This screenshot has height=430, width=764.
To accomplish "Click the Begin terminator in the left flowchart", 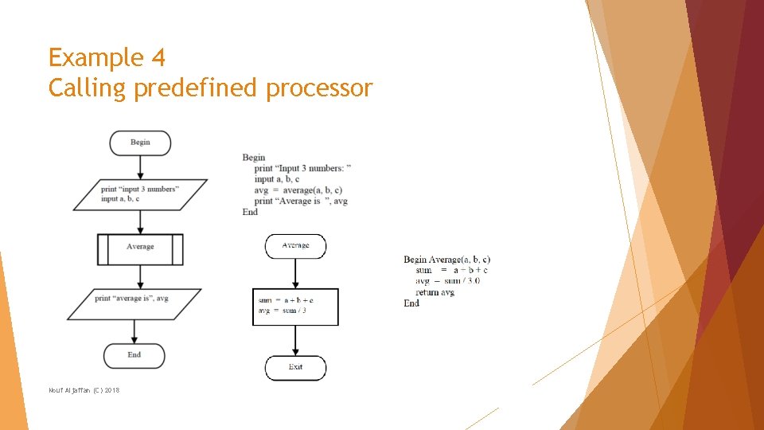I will (140, 143).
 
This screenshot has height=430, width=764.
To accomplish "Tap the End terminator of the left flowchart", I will (134, 355).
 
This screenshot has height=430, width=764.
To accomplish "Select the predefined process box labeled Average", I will (140, 248).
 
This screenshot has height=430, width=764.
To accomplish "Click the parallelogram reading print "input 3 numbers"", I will (140, 194).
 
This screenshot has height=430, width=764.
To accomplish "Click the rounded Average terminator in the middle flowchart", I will (295, 246).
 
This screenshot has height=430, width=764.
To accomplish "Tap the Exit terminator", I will (295, 367).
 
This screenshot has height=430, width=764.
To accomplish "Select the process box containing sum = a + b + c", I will (295, 307).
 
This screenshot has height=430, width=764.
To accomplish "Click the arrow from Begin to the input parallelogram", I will (141, 167).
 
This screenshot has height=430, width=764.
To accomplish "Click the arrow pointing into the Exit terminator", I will (295, 340).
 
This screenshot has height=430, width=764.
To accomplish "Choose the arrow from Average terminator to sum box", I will (295, 273).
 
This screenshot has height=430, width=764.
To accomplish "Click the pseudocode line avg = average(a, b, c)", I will (298, 190).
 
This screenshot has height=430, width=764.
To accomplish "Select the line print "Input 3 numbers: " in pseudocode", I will (302, 168).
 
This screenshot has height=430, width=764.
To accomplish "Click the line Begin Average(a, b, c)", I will (446, 260).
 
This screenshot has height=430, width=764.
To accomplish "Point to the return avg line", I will (435, 292).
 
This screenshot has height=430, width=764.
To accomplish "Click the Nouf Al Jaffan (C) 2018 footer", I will (84, 389).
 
